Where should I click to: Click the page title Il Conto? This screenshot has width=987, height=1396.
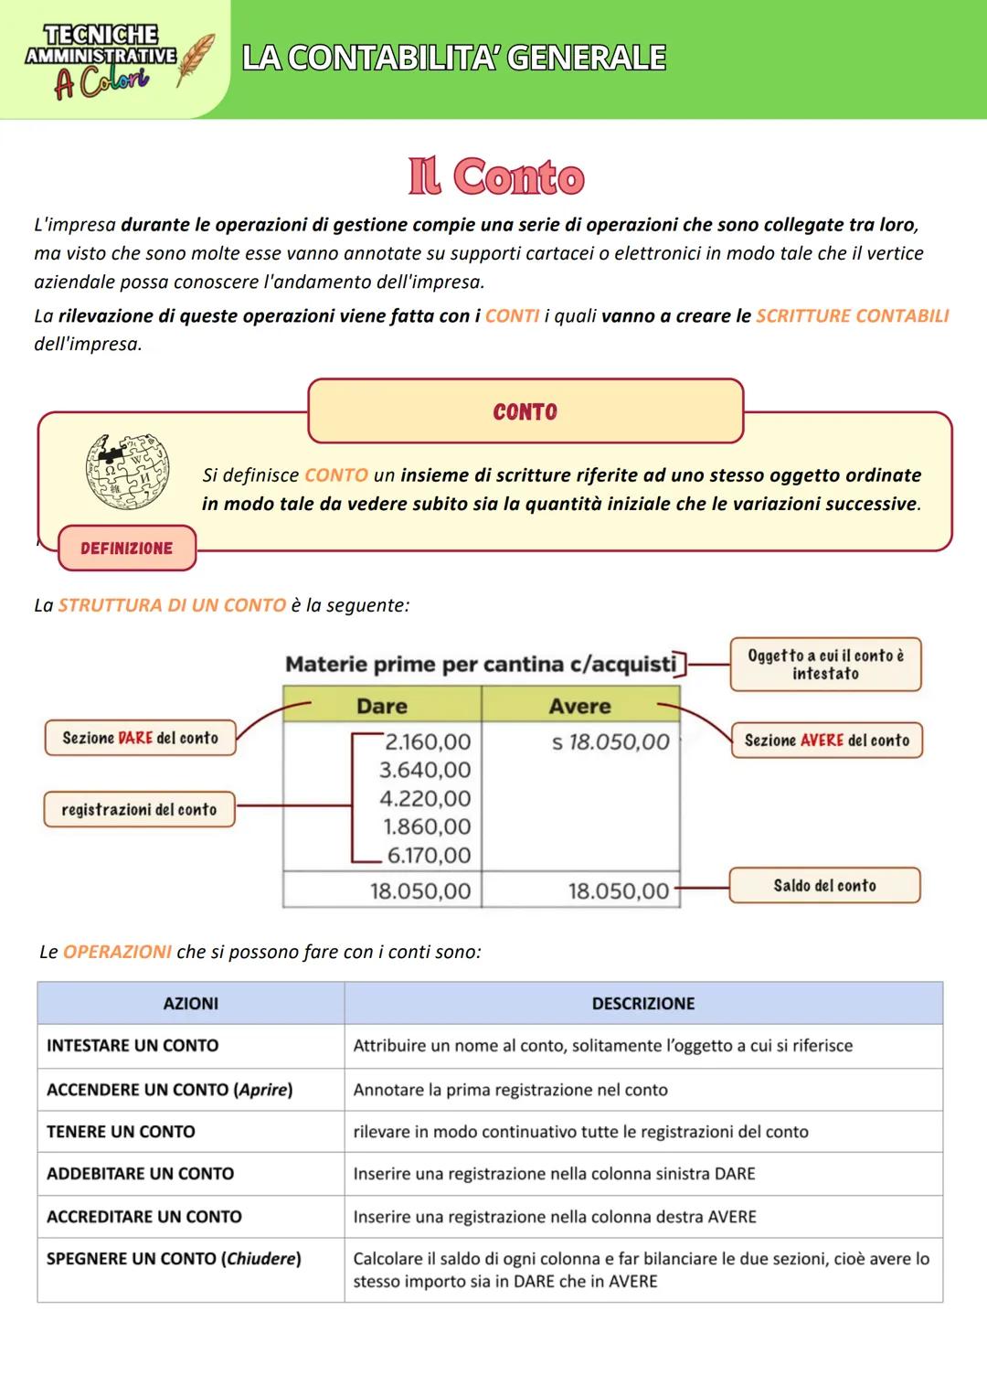pos(496,176)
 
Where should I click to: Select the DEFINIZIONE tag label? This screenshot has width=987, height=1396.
pos(126,549)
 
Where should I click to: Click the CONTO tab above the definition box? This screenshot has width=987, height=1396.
pos(525,412)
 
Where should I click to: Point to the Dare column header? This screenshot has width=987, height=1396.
pos(382,706)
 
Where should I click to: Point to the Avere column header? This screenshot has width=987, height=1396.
pos(579,706)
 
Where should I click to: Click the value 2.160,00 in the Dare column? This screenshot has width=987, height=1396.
pos(427,741)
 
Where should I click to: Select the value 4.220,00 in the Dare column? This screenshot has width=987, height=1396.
pos(425,798)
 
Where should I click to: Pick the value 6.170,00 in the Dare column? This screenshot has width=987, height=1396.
pos(428,855)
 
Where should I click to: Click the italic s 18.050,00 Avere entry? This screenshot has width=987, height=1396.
pos(610,741)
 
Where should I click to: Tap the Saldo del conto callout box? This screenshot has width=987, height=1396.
pos(824,885)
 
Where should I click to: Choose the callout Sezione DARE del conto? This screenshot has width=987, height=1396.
pos(140,738)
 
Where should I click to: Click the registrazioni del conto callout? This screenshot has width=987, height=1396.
pos(139,809)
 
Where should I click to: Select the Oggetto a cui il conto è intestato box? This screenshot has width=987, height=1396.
pos(825,665)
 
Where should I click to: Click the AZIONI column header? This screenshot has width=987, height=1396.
pos(190,1003)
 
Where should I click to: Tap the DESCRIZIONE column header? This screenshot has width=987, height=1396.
pos(642,1003)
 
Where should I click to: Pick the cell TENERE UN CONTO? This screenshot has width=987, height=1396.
pos(121,1132)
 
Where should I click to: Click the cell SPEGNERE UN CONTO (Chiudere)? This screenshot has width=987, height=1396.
pos(174,1259)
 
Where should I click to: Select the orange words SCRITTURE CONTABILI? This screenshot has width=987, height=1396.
pos(852,316)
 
